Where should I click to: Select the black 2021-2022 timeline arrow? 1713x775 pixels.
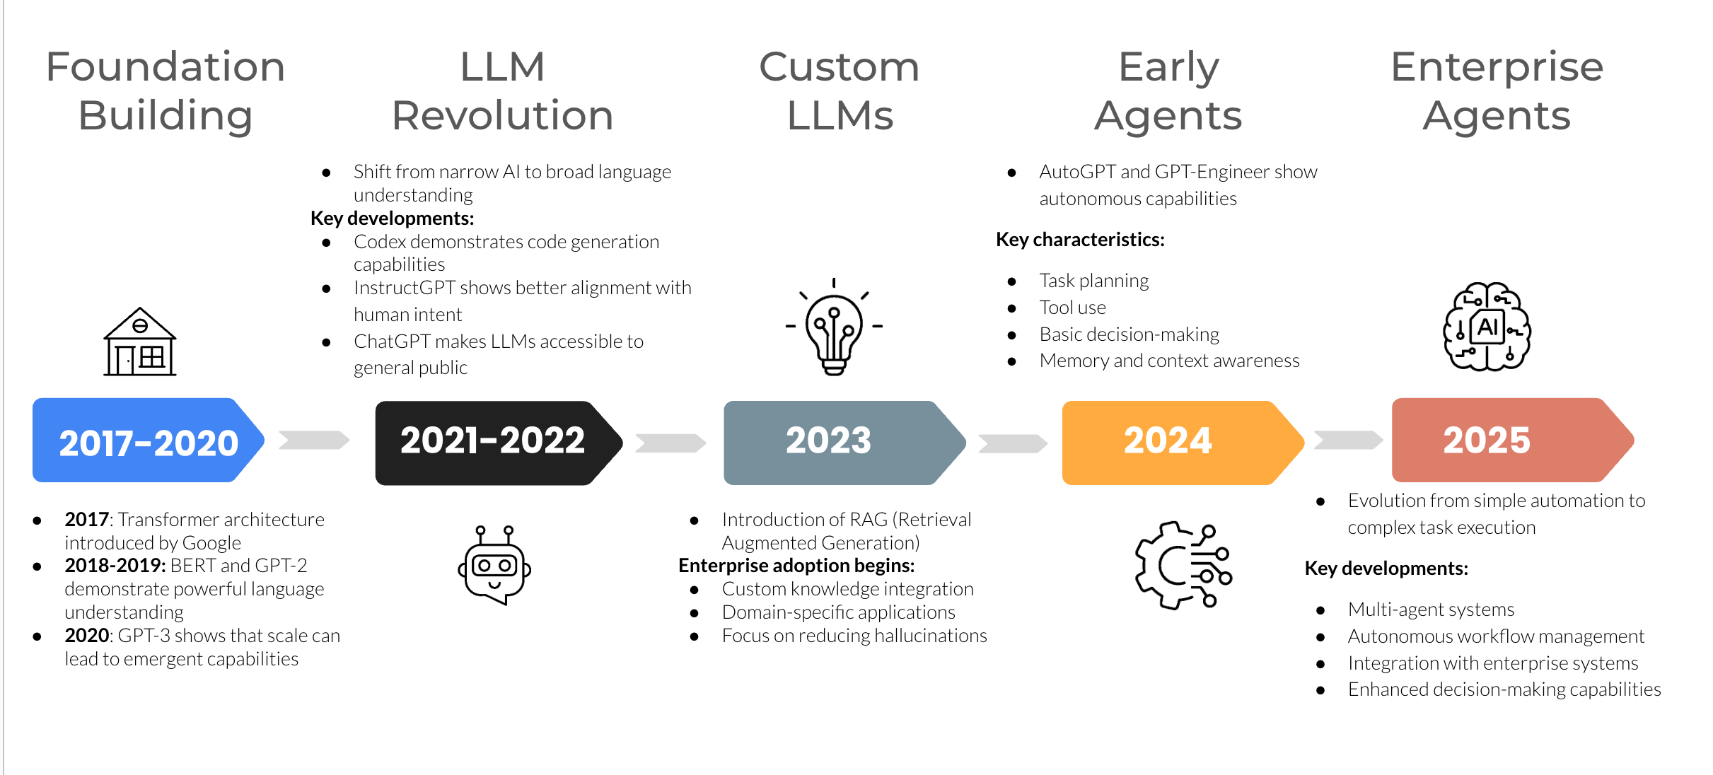pyautogui.click(x=495, y=443)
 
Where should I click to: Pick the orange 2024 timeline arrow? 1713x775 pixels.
pyautogui.click(x=1178, y=443)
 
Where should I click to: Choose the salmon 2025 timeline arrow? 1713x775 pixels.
pyautogui.click(x=1506, y=441)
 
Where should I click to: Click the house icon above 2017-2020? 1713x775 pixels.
pyautogui.click(x=140, y=342)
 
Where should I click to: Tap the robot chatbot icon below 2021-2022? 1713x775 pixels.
pyautogui.click(x=494, y=565)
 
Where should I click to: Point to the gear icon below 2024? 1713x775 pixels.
pyautogui.click(x=1183, y=566)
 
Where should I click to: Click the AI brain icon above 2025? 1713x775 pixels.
pyautogui.click(x=1487, y=327)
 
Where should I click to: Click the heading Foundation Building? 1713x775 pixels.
pyautogui.click(x=166, y=91)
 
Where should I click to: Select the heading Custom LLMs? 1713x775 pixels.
pyautogui.click(x=840, y=91)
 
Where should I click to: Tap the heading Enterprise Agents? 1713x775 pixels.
pyautogui.click(x=1497, y=91)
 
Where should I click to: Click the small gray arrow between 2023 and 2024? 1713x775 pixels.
pyautogui.click(x=1012, y=443)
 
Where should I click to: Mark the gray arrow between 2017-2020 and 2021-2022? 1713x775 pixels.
pyautogui.click(x=314, y=440)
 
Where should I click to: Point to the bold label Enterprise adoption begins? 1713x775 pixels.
pyautogui.click(x=796, y=566)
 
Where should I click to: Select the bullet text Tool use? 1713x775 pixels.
pyautogui.click(x=1072, y=308)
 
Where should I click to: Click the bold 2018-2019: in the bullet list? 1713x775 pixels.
pyautogui.click(x=115, y=566)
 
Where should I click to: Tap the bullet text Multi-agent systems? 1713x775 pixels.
pyautogui.click(x=1431, y=610)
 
